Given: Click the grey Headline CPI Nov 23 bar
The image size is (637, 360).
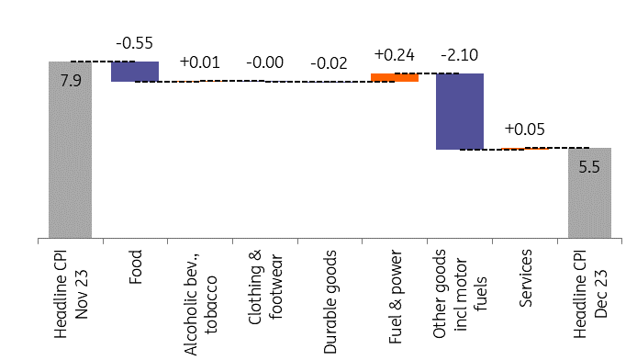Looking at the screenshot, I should click(72, 156).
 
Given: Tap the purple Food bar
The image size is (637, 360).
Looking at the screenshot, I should click(135, 72).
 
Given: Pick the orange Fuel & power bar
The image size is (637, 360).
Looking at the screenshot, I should click(395, 77).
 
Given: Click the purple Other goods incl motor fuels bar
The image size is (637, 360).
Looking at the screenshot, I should click(459, 111).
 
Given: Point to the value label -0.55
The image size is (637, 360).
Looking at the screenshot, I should click(134, 43).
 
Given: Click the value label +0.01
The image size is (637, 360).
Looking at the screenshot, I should click(199, 62).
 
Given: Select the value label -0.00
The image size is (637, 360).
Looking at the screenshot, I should click(264, 62).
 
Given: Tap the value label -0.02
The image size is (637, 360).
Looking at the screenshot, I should click(330, 63).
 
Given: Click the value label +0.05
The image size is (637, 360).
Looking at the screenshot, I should click(524, 129).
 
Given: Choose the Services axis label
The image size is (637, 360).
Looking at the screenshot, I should click(524, 271).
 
